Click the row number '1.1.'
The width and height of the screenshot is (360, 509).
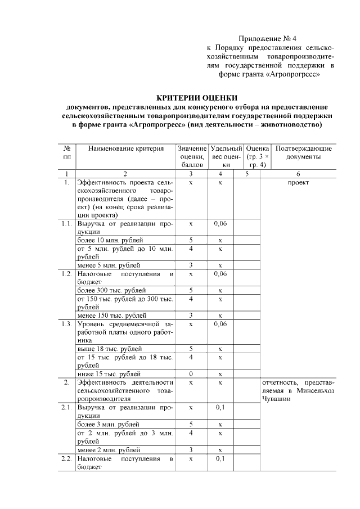(66, 223)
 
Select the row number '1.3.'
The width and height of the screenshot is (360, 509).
(66, 323)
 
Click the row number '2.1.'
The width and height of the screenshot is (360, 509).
(66, 407)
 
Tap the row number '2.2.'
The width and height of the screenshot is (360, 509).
(66, 459)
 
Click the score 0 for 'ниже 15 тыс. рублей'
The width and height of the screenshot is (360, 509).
(191, 373)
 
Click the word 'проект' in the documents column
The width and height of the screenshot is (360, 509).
(298, 182)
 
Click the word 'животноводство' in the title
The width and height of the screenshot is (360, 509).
(295, 124)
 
